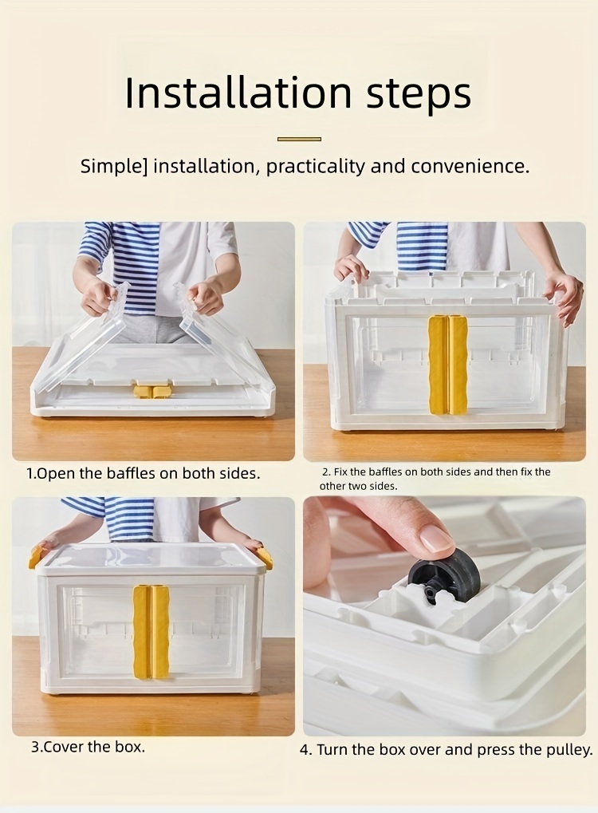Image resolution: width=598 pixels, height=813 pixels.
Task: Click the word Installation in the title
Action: (238, 93)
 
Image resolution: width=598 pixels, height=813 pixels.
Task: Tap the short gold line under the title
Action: (299, 139)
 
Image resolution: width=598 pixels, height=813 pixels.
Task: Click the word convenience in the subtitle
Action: (470, 167)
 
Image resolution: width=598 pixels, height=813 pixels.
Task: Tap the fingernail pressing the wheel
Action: (435, 539)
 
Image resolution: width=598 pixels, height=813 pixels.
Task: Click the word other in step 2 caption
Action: (332, 487)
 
